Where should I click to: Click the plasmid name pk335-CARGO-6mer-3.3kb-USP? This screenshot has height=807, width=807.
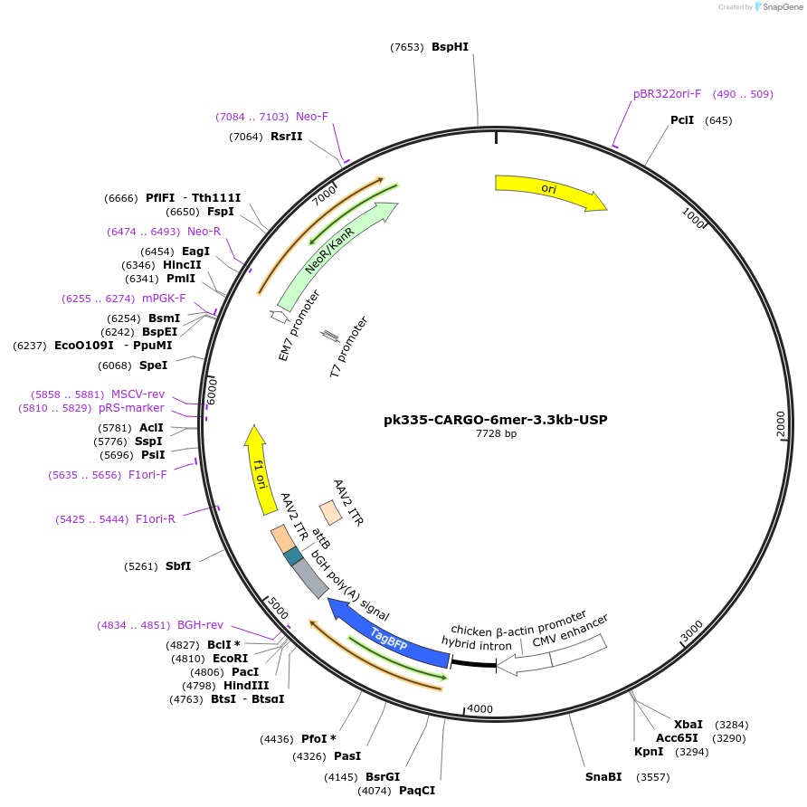pyautogui.click(x=496, y=420)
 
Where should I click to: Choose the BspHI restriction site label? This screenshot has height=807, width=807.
pyautogui.click(x=450, y=47)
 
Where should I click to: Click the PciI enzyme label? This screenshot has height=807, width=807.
pyautogui.click(x=682, y=120)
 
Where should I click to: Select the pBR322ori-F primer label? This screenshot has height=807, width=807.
pyautogui.click(x=667, y=94)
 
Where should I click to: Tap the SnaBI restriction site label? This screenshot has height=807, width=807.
pyautogui.click(x=603, y=777)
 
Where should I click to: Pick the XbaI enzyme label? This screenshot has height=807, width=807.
pyautogui.click(x=688, y=725)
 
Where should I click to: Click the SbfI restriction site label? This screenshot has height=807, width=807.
pyautogui.click(x=178, y=566)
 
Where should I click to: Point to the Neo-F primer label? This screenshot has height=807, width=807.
pyautogui.click(x=312, y=117)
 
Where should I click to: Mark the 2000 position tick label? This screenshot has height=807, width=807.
pyautogui.click(x=781, y=423)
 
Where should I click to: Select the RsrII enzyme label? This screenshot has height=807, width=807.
pyautogui.click(x=287, y=137)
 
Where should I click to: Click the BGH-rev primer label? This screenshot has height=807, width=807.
pyautogui.click(x=200, y=625)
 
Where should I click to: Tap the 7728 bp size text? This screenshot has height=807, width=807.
pyautogui.click(x=496, y=434)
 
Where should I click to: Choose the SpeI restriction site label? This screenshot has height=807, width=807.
pyautogui.click(x=153, y=366)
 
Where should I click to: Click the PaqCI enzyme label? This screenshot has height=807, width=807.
pyautogui.click(x=417, y=791)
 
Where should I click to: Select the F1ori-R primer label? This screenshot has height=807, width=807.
pyautogui.click(x=156, y=519)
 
